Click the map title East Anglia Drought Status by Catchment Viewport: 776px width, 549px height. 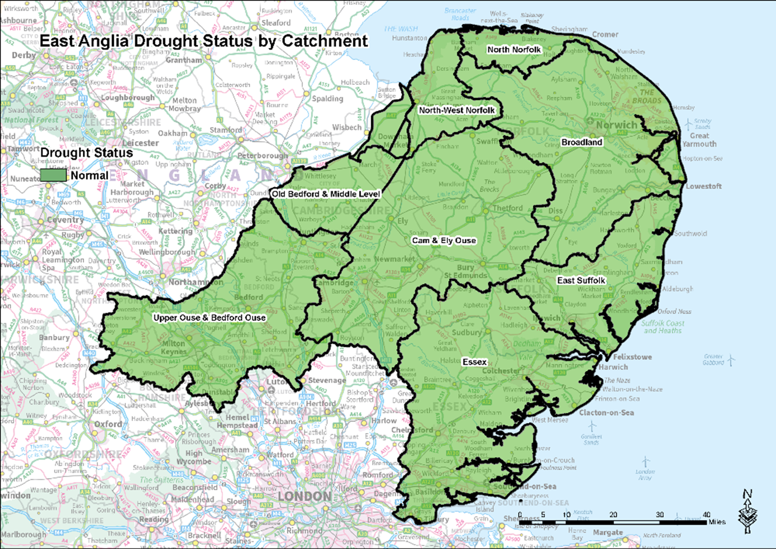pos(204,41)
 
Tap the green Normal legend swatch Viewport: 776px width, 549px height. pos(53,175)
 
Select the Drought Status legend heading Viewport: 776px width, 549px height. pos(86,153)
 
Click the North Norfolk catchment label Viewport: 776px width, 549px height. pos(514,50)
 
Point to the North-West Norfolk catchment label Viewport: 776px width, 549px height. pos(457,110)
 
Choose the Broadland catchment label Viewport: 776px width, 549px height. pos(581,142)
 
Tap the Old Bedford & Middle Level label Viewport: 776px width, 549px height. pos(326,194)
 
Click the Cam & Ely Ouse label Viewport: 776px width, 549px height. pos(444,241)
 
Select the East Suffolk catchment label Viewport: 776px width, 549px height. pos(581,280)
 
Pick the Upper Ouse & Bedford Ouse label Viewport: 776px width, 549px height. pos(209,318)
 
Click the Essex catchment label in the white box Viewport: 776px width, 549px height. pos(474,362)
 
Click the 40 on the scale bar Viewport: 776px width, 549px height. pos(706,514)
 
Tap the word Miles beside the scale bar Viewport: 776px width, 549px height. pos(717,522)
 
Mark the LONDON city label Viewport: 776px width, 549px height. pos(305,496)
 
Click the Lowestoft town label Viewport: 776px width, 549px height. pos(703,186)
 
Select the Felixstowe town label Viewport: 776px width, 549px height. pos(632,357)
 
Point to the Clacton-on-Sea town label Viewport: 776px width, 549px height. pos(606,413)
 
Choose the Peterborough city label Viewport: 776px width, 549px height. pos(263,155)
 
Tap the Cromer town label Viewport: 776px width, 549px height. pos(605,35)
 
